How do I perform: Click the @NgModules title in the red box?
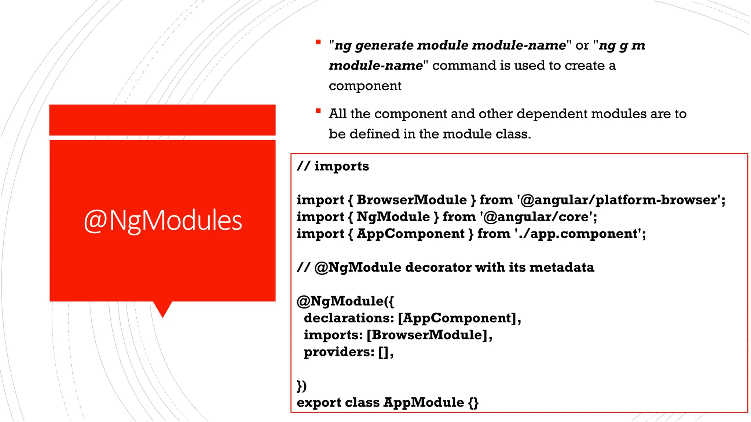coord(163,221)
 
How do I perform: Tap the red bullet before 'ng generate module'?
coord(318,42)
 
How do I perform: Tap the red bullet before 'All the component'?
coord(318,111)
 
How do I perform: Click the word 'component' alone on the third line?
coord(365,86)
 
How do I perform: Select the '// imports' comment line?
coord(333,166)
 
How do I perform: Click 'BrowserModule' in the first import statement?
coord(411,200)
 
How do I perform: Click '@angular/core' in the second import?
coord(537,217)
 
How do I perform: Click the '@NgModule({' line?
coord(345,301)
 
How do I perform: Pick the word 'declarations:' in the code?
coord(349,318)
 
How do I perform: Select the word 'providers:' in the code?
coord(339,352)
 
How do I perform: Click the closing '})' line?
coord(302,386)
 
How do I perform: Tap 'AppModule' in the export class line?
coord(424,403)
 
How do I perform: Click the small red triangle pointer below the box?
coord(162,308)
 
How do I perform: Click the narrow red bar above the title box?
coord(162,120)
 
